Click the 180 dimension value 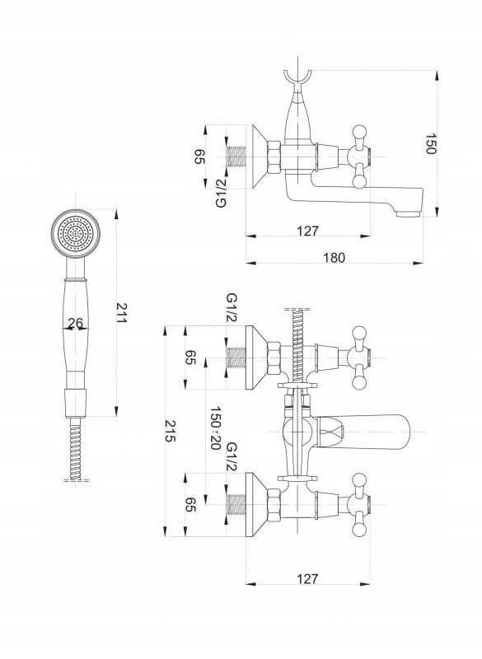click(x=334, y=257)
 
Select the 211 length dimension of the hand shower click(x=121, y=313)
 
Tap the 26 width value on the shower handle click(x=76, y=323)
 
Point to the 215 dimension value click(x=170, y=431)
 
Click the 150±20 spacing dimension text click(x=215, y=428)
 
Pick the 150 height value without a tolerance click(x=431, y=144)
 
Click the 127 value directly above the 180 click(x=308, y=231)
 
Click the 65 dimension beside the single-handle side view click(x=199, y=157)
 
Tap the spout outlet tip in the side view click(x=409, y=214)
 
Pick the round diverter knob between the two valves click(x=297, y=432)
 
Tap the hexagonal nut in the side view click(x=274, y=157)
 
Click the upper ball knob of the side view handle click(x=360, y=131)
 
